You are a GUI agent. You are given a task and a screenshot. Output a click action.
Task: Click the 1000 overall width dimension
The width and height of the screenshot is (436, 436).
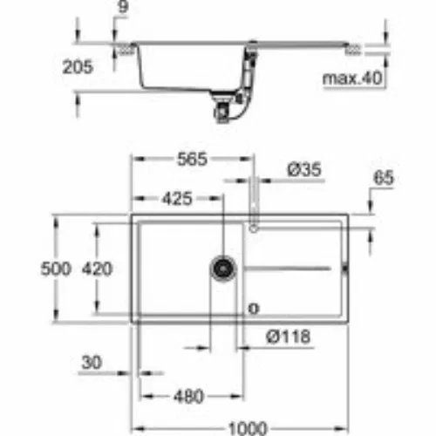248,428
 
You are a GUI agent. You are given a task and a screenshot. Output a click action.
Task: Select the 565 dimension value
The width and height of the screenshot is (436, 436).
193,159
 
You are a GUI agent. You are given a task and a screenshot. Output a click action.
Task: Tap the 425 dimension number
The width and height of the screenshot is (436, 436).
177,199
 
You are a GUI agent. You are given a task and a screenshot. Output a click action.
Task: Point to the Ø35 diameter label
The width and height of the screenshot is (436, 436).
304,170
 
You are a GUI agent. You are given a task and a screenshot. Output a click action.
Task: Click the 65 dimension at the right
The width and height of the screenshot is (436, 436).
384,178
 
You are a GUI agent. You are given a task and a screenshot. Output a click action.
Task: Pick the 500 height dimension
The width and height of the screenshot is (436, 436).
56,269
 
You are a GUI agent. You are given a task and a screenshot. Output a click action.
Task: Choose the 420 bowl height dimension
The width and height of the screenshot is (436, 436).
97,269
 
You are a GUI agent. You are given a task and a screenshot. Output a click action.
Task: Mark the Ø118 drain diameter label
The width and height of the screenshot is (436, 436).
289,337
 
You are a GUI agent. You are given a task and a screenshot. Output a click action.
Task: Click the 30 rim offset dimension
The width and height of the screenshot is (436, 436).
92,363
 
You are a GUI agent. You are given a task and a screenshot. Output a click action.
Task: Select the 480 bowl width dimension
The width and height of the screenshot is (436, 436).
188,396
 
